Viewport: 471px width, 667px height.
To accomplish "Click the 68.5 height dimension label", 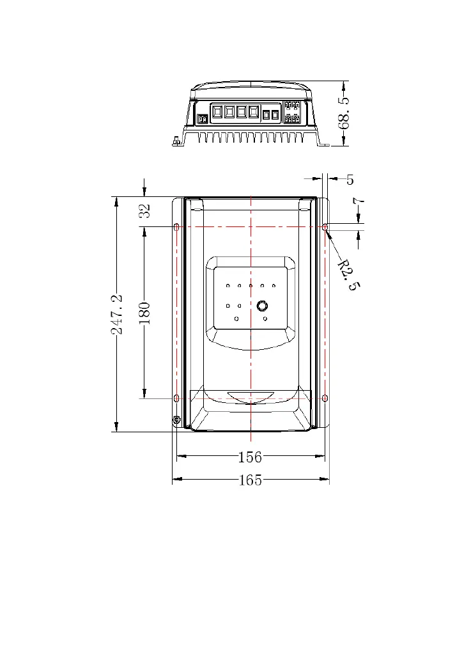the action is pyautogui.click(x=344, y=113).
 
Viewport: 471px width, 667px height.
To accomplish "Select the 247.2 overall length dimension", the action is pyautogui.click(x=118, y=314).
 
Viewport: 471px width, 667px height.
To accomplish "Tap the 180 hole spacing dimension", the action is pyautogui.click(x=145, y=313).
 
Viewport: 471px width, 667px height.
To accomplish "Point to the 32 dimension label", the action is pyautogui.click(x=145, y=210).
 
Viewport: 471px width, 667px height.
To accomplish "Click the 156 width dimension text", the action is pyautogui.click(x=250, y=457).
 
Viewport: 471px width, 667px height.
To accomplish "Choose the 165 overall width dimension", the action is pyautogui.click(x=251, y=480).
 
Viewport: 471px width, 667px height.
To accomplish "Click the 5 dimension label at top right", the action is pyautogui.click(x=350, y=180).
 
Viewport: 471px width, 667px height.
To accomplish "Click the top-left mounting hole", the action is pyautogui.click(x=176, y=227).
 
